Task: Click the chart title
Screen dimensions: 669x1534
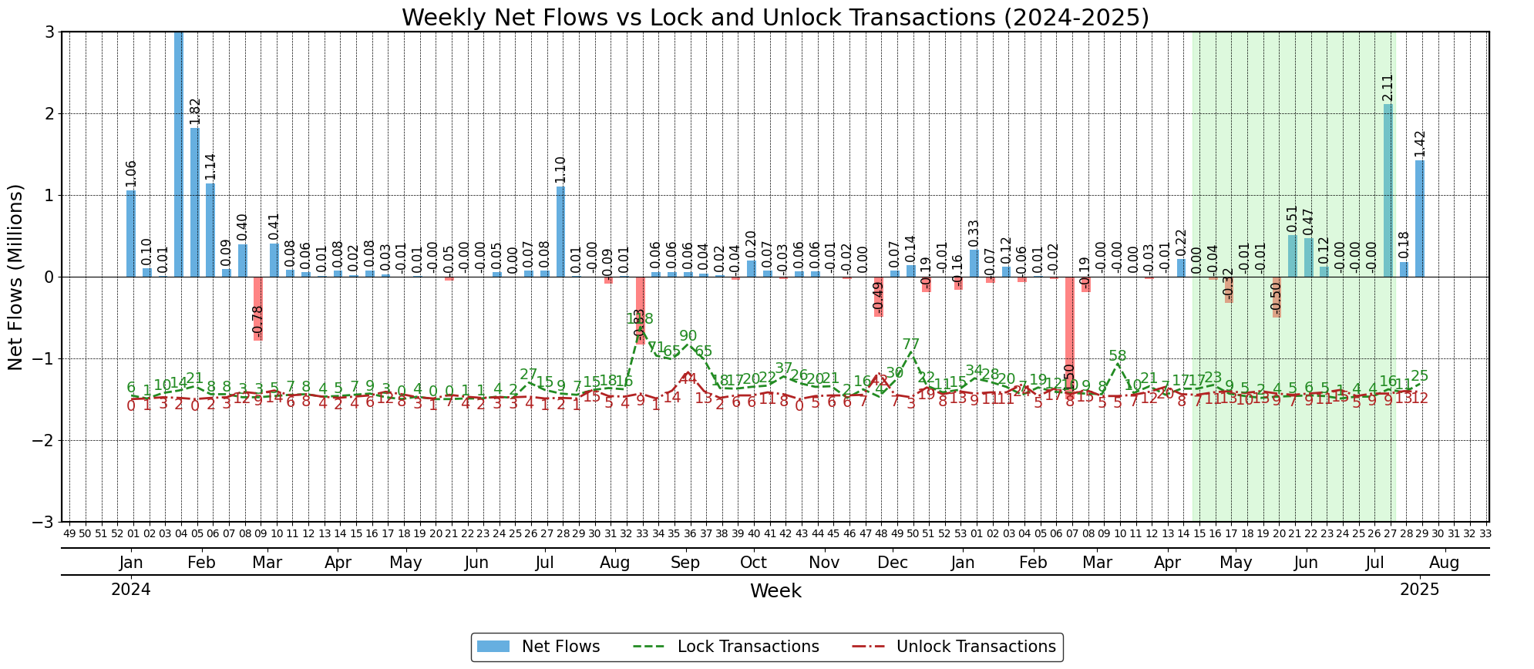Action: click(775, 17)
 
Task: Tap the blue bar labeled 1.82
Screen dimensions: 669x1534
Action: click(195, 202)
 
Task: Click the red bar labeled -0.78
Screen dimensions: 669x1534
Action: click(258, 308)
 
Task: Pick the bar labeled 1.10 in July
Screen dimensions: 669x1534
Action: click(560, 231)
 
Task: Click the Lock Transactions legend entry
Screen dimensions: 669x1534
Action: click(726, 647)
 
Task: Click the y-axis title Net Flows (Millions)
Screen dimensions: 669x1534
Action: click(16, 277)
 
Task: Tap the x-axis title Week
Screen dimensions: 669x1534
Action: click(775, 591)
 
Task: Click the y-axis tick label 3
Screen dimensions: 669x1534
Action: click(48, 32)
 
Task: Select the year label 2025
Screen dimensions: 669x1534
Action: click(1419, 590)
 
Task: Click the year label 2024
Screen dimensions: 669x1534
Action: click(130, 590)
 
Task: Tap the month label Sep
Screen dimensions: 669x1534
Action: click(685, 563)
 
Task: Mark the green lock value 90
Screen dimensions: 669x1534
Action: click(688, 336)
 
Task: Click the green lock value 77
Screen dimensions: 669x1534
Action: click(910, 345)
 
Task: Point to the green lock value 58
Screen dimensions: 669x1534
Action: click(1117, 356)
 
